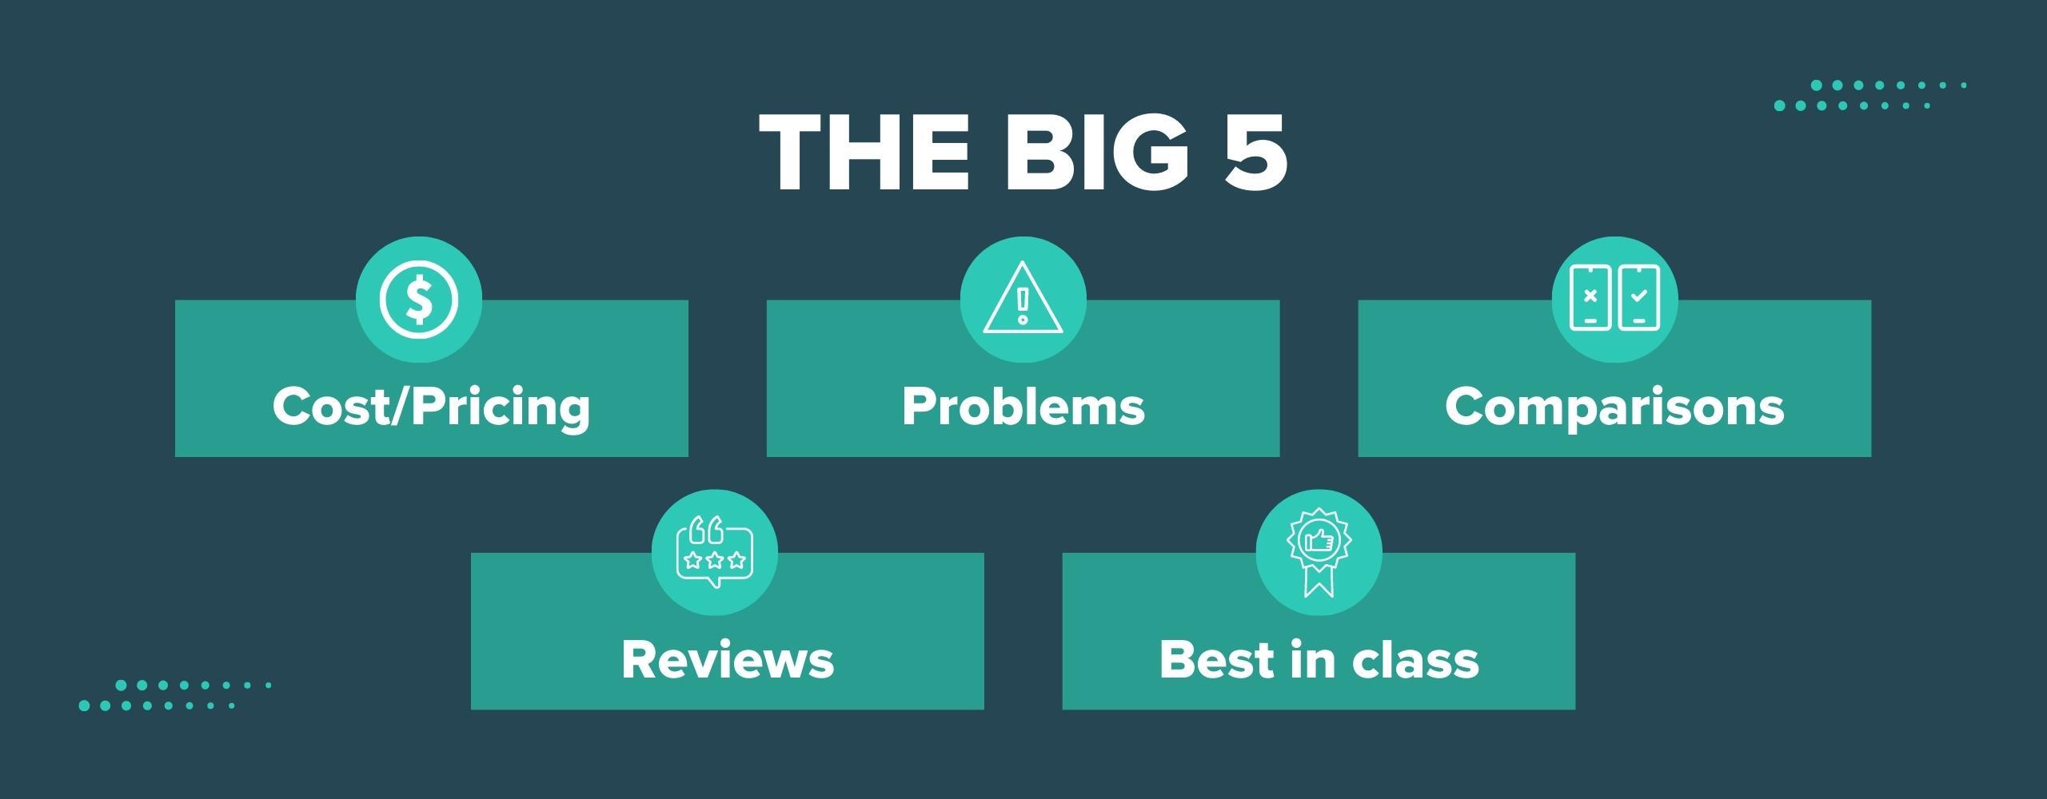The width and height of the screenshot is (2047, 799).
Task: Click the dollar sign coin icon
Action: pyautogui.click(x=419, y=300)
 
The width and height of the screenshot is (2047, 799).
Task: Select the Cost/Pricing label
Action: pyautogui.click(x=432, y=407)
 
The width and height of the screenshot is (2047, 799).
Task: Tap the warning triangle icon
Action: pyautogui.click(x=1023, y=299)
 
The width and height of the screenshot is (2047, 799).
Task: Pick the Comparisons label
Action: pyautogui.click(x=1614, y=407)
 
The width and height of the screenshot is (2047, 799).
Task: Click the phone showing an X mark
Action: pyautogui.click(x=1590, y=297)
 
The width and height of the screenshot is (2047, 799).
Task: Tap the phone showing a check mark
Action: pyautogui.click(x=1638, y=297)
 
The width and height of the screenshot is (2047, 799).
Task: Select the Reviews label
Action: pyautogui.click(x=728, y=660)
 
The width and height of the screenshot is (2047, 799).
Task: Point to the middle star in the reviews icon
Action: pyautogui.click(x=715, y=560)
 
